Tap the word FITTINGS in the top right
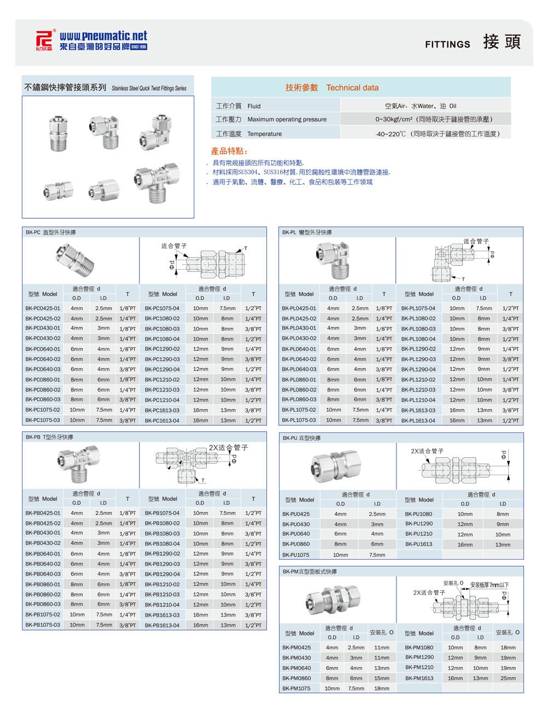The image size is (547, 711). (447, 44)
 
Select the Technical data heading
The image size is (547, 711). (352, 88)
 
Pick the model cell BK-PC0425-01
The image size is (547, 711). (43, 308)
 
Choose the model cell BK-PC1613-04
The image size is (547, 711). (162, 421)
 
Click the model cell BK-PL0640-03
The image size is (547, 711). (299, 370)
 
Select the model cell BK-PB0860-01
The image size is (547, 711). (43, 584)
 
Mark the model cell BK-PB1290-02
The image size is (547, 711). (162, 553)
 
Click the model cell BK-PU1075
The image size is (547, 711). (296, 555)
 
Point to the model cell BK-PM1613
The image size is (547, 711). (419, 678)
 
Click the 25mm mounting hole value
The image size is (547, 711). (508, 678)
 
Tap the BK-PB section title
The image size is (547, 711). (49, 438)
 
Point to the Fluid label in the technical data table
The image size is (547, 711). (254, 106)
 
